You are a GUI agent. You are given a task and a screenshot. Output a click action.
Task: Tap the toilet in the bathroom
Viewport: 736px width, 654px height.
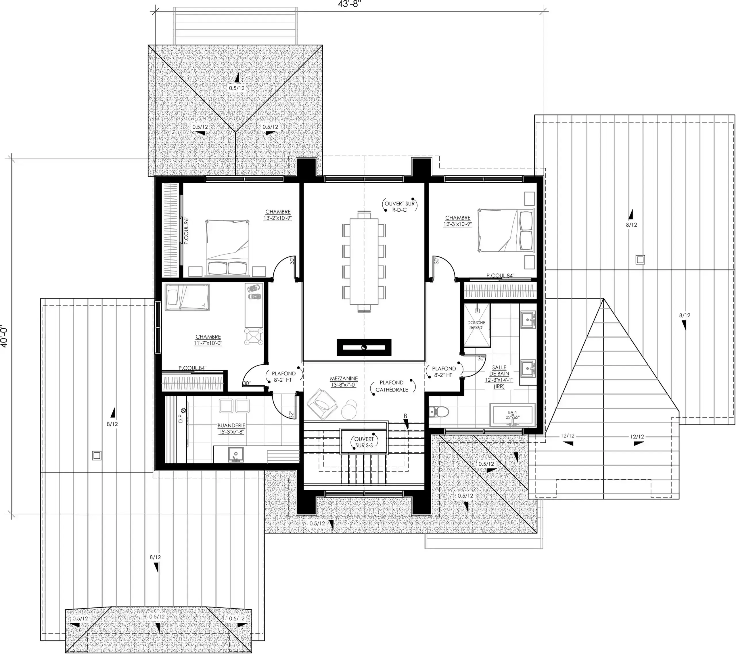pos(439,411)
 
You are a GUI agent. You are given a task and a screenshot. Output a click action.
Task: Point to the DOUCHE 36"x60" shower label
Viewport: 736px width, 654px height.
pos(476,325)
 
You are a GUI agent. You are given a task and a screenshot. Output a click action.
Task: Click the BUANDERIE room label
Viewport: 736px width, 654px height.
pos(231,429)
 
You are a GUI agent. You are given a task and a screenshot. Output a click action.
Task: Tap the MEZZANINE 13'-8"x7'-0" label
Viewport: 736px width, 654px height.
pos(344,381)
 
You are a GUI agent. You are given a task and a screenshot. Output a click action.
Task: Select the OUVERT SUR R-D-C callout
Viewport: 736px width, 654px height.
pos(399,206)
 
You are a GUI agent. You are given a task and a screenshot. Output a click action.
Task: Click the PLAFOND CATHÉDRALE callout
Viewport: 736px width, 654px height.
pos(392,386)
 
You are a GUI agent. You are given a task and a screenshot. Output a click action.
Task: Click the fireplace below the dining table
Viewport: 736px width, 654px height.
pos(364,347)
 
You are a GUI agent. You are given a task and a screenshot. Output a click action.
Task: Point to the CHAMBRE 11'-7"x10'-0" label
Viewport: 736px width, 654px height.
pos(208,340)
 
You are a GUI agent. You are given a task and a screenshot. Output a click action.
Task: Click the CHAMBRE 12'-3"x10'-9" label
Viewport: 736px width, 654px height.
pos(458,221)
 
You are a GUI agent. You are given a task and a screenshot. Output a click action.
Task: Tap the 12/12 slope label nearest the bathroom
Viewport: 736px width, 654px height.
pos(567,436)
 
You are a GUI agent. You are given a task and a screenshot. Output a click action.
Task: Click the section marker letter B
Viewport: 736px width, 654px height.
pos(405,416)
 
